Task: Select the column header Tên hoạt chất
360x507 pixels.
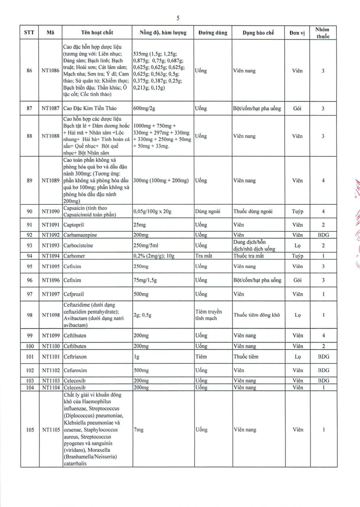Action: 97,33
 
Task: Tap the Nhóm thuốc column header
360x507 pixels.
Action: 323,32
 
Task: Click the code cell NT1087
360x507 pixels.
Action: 50,108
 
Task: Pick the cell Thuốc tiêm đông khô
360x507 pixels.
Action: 256,315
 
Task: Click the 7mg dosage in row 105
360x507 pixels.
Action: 138,430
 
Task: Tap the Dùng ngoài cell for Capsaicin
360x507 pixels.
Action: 206,211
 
